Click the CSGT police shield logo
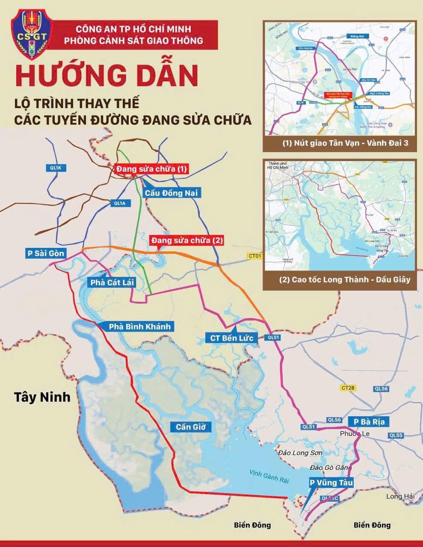(31, 35)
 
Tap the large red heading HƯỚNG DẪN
(107, 75)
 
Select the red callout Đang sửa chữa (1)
(151, 169)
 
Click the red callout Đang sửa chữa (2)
(187, 241)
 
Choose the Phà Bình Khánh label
(139, 326)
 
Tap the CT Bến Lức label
(231, 338)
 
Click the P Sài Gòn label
(46, 253)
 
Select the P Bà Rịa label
(369, 422)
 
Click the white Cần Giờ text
(191, 427)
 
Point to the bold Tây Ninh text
(42, 397)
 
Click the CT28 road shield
(349, 388)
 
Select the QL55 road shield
(396, 435)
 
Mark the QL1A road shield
(119, 203)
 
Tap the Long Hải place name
(400, 496)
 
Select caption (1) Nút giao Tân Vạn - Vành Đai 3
(340, 144)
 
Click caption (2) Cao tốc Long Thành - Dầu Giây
(340, 280)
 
